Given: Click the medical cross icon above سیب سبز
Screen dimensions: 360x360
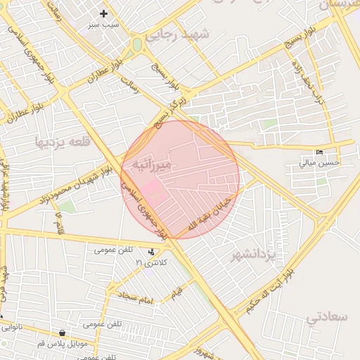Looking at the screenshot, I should coord(104,13).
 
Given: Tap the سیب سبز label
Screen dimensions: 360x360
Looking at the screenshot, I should coord(104,25).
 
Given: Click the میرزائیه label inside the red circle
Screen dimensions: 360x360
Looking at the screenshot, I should coord(162,165).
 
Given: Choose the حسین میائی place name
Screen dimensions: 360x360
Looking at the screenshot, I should coord(319,162).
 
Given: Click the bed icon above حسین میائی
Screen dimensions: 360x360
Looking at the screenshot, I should coord(320,152).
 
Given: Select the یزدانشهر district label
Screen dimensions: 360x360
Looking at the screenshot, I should coord(257,255).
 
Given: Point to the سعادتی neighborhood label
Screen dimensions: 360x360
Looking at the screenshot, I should coord(327,317).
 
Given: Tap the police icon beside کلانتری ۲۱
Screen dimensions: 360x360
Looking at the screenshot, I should coord(153,252).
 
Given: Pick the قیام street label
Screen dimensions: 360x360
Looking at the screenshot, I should coord(175,289).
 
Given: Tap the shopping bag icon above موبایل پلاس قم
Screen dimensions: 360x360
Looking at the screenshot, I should coord(64,333).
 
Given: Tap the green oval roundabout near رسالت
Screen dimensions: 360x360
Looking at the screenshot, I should coord(137,44).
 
